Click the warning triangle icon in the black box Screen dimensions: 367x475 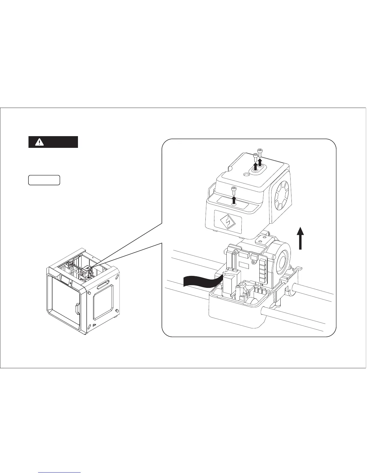tap(39, 142)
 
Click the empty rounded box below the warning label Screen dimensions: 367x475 tap(44, 180)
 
